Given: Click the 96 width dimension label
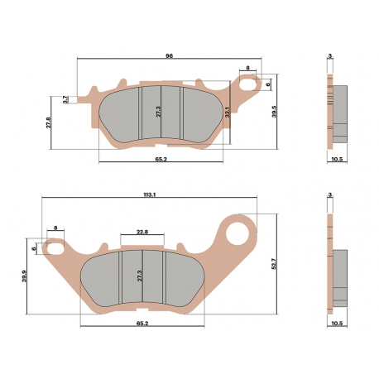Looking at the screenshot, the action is pyautogui.click(x=169, y=56).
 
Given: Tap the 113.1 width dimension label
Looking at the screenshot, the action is pyautogui.click(x=150, y=194).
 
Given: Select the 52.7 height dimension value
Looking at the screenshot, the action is pyautogui.click(x=274, y=264).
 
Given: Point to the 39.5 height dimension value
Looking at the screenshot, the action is pyautogui.click(x=274, y=111).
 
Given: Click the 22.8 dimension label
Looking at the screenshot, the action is pyautogui.click(x=142, y=232).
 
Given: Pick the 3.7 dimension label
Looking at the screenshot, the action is pyautogui.click(x=65, y=99).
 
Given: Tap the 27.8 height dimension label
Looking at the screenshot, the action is pyautogui.click(x=49, y=122).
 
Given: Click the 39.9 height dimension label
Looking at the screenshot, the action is pyautogui.click(x=24, y=276).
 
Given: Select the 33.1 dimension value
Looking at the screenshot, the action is pyautogui.click(x=227, y=113).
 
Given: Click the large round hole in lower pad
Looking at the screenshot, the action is pyautogui.click(x=237, y=233).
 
